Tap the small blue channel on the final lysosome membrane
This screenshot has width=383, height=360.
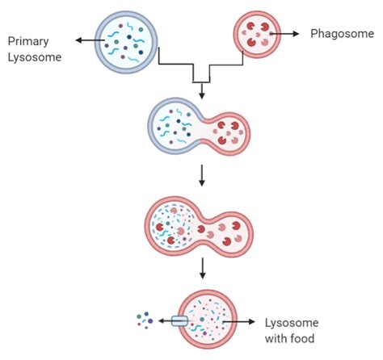(x=179, y=321)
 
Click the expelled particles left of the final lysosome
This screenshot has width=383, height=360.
(x=145, y=321)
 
